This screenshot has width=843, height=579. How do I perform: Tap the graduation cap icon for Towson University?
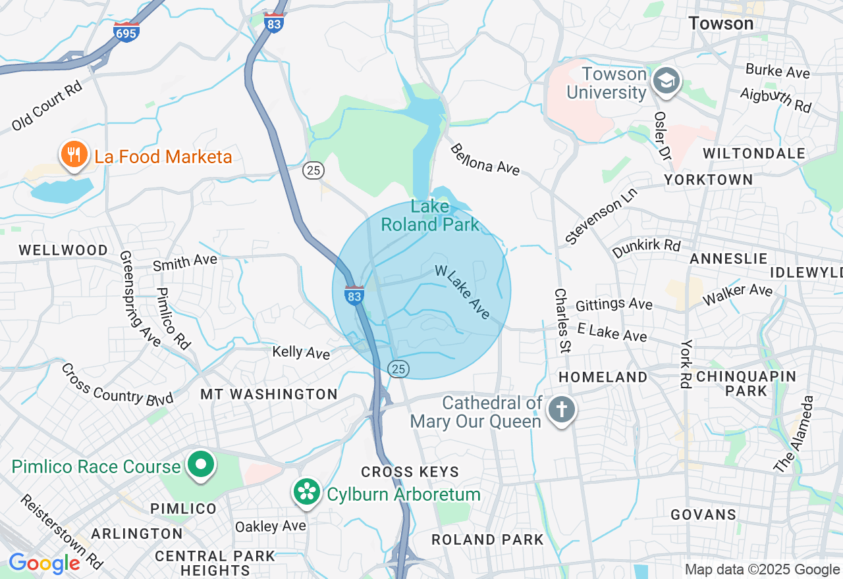pyautogui.click(x=666, y=82)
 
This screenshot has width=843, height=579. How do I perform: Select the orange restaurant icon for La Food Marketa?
pyautogui.click(x=73, y=155)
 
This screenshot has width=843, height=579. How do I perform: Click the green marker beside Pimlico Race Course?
pyautogui.click(x=201, y=466)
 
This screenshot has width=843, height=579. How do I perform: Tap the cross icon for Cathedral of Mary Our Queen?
pyautogui.click(x=561, y=411)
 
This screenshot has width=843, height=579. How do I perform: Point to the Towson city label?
pyautogui.click(x=721, y=24)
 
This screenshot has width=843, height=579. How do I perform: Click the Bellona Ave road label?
pyautogui.click(x=485, y=160)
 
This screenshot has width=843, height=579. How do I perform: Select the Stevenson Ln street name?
pyautogui.click(x=593, y=220)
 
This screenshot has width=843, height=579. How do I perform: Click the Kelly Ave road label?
pyautogui.click(x=301, y=353)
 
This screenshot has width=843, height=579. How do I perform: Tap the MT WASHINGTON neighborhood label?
pyautogui.click(x=269, y=394)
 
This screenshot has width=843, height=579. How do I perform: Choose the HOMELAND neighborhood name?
pyautogui.click(x=603, y=377)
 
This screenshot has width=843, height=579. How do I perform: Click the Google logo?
pyautogui.click(x=44, y=563)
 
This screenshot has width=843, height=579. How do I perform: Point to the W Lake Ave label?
pyautogui.click(x=462, y=292)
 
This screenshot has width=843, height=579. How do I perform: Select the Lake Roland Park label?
pyautogui.click(x=430, y=216)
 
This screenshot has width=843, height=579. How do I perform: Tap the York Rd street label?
pyautogui.click(x=686, y=364)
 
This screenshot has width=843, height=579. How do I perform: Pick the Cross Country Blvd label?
pyautogui.click(x=117, y=384)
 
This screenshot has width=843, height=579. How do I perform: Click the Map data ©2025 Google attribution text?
pyautogui.click(x=762, y=570)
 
